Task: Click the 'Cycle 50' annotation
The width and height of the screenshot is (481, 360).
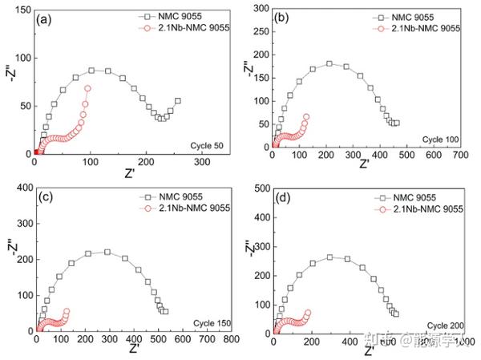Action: pyautogui.click(x=206, y=144)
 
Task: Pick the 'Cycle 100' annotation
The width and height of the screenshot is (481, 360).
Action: pyautogui.click(x=441, y=140)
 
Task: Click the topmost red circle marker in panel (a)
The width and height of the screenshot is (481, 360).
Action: pyautogui.click(x=87, y=88)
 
